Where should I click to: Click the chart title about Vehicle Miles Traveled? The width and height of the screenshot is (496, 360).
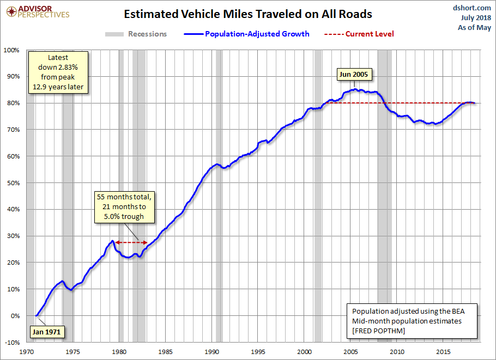(247, 14)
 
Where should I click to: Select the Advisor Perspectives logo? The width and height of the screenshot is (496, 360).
(38, 12)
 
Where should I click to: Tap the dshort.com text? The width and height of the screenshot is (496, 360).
(471, 8)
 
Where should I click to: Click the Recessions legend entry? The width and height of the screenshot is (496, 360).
(136, 34)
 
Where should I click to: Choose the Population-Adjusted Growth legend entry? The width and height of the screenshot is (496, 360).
(247, 34)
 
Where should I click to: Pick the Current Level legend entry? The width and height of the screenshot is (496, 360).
(359, 34)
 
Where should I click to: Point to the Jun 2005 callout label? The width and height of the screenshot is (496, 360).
(354, 75)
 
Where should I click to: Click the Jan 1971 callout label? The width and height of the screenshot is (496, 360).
(46, 332)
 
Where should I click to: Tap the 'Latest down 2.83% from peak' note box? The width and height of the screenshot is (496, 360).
(58, 72)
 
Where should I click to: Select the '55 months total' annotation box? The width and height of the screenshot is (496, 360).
(125, 207)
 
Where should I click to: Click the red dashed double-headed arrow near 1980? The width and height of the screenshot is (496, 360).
(131, 242)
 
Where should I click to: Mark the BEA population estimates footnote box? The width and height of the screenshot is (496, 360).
(412, 321)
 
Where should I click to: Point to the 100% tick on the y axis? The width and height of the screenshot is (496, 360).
(11, 50)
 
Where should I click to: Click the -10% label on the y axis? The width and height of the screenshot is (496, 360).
(13, 343)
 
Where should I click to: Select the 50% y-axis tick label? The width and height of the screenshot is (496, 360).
(13, 183)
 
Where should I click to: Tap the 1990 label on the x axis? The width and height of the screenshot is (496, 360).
(211, 352)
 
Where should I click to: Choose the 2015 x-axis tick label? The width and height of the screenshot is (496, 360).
(443, 352)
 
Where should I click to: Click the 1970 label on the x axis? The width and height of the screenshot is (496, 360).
(27, 352)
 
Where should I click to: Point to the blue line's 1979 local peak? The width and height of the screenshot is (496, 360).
(112, 241)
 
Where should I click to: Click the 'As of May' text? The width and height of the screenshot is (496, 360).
(474, 27)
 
